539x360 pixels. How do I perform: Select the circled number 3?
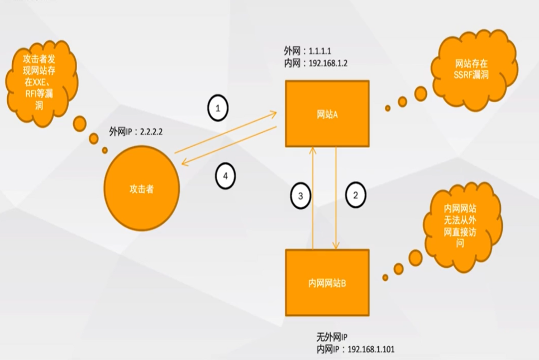tap(301, 196)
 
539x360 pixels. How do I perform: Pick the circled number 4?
tap(225, 176)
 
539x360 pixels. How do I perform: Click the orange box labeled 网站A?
tap(327, 114)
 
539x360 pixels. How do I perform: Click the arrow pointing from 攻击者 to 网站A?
tap(226, 133)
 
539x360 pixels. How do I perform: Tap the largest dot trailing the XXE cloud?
tap(80, 123)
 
